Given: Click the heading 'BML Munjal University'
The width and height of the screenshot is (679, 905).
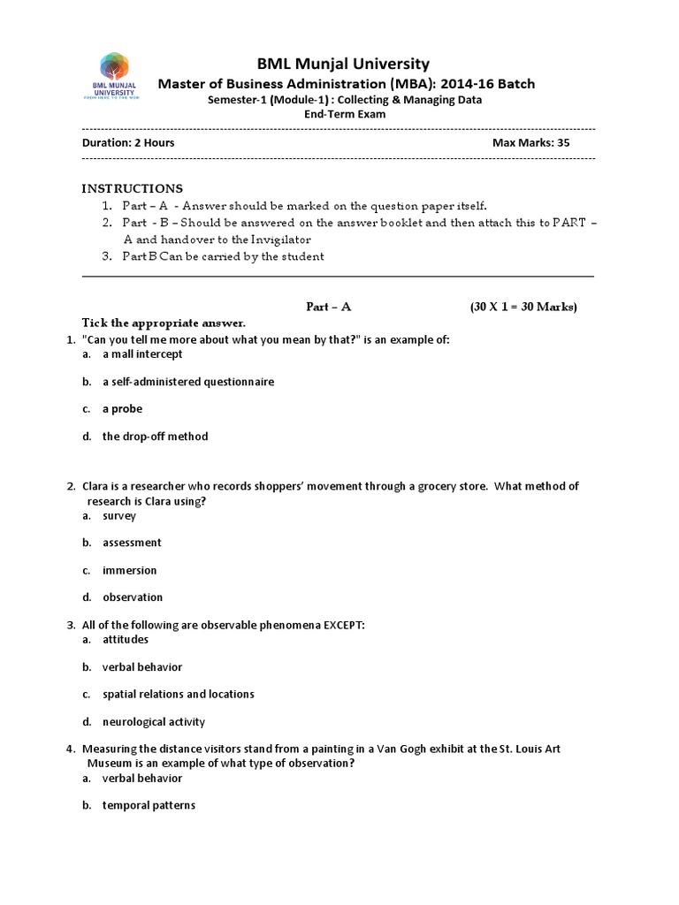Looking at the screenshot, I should (343, 64).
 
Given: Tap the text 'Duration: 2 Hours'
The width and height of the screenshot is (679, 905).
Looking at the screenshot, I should (128, 142).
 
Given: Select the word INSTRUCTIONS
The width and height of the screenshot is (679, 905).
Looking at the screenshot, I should (133, 188).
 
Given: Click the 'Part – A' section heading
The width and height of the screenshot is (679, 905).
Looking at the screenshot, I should (329, 307).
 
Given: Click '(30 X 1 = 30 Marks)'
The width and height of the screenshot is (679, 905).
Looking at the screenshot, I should (523, 307).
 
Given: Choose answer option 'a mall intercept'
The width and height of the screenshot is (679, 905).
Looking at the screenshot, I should (142, 354).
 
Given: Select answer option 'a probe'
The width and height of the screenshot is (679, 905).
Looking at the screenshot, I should (122, 408).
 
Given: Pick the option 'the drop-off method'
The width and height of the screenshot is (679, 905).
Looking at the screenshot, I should (155, 436).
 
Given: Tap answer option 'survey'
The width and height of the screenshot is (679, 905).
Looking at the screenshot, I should (119, 515).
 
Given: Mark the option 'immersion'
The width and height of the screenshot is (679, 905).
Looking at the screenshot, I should (129, 570).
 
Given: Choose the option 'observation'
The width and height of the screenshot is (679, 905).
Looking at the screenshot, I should (133, 597).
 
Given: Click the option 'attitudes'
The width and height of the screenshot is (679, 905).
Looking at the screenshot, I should (126, 639).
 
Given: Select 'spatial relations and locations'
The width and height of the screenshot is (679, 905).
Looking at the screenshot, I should (178, 694).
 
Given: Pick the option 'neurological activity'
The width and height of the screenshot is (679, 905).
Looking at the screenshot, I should (153, 721).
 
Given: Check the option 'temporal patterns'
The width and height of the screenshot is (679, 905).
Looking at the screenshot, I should (149, 805).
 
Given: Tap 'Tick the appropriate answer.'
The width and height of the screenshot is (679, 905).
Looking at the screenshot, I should (164, 323).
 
